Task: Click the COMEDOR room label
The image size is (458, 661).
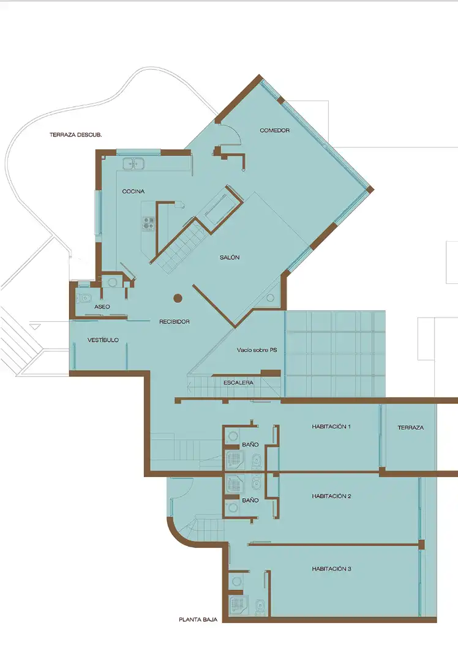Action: [x=274, y=131]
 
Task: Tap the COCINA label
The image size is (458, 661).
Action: [x=133, y=192]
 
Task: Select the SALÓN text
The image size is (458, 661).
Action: [x=230, y=258]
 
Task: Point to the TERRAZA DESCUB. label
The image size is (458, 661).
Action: [x=76, y=135]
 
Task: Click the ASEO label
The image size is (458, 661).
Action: [x=102, y=307]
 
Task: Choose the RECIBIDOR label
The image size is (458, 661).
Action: [x=174, y=322]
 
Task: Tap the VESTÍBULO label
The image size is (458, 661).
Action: [x=103, y=340]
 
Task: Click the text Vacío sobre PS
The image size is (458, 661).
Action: [x=257, y=350]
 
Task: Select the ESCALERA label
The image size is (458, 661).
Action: [x=239, y=383]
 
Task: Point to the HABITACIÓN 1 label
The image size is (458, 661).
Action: [x=331, y=427]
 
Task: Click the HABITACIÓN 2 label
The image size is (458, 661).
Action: [x=331, y=496]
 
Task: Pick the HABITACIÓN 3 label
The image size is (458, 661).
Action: [x=331, y=569]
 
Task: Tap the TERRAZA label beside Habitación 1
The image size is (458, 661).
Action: [x=410, y=427]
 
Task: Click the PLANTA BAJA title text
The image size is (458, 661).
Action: [x=198, y=619]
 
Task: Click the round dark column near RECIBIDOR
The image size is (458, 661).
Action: [x=178, y=299]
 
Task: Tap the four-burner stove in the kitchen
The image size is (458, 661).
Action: [x=148, y=223]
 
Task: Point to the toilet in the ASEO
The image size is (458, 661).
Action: [x=84, y=298]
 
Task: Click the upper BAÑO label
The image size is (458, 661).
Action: [x=250, y=445]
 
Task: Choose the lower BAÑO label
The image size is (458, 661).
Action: [x=250, y=501]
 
